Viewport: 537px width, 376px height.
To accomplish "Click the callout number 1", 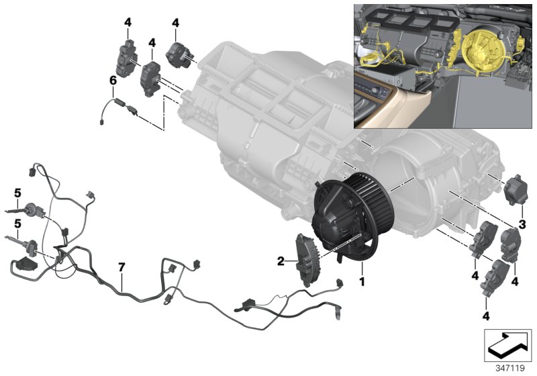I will (x=362, y=282).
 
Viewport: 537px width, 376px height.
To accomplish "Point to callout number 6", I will (x=113, y=81).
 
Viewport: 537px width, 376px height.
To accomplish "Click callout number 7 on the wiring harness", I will (x=121, y=267).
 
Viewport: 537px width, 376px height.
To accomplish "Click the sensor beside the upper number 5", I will (x=32, y=209).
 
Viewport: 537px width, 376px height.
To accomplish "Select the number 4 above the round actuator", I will (x=175, y=23).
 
